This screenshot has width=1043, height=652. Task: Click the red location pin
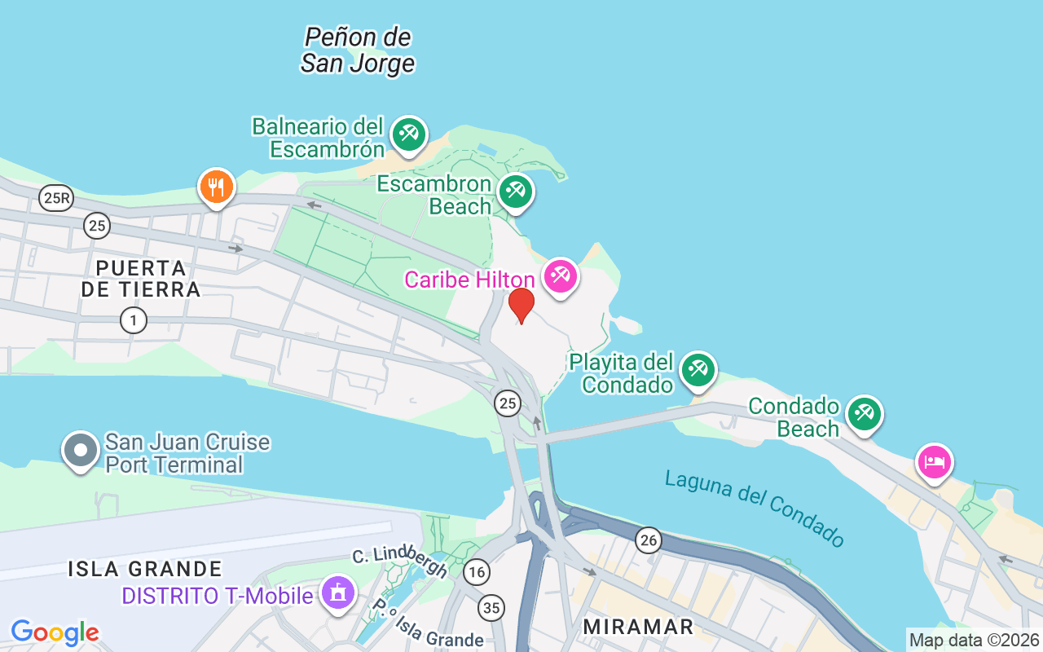click(x=521, y=305)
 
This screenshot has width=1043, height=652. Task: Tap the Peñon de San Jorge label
click(x=358, y=50)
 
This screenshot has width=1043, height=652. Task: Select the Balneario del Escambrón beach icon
click(x=408, y=134)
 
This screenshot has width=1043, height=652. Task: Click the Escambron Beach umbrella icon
click(x=515, y=192)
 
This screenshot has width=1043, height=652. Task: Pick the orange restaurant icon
click(x=216, y=187)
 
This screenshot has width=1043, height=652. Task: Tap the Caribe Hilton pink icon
click(x=560, y=276)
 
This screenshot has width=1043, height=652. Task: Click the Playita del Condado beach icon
click(x=698, y=369)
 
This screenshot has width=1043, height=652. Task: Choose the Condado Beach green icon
click(x=864, y=413)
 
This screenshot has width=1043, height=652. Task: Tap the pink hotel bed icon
click(x=934, y=462)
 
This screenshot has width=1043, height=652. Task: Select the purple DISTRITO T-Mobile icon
click(x=339, y=593)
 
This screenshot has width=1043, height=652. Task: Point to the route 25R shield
click(x=55, y=198)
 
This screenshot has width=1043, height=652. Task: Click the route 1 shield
click(x=133, y=320)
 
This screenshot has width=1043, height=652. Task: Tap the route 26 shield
click(x=648, y=540)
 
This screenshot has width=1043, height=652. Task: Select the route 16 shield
click(x=477, y=573)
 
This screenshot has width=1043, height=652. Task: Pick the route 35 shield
click(x=491, y=607)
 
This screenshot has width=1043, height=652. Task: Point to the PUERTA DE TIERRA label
click(x=140, y=278)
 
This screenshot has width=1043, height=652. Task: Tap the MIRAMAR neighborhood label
click(x=639, y=627)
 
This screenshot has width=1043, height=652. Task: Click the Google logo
click(x=55, y=632)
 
